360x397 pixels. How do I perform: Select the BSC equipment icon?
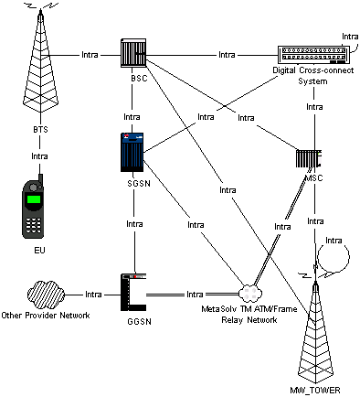(134, 55)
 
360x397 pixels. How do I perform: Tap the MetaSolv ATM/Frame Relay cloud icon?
(249, 293)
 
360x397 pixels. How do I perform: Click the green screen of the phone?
(35, 199)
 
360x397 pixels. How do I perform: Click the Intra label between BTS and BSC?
(90, 54)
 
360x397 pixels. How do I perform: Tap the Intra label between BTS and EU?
(39, 156)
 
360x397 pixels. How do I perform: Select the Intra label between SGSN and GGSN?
(133, 222)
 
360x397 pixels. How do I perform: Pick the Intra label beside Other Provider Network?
(92, 295)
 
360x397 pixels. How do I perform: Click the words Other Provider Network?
(46, 316)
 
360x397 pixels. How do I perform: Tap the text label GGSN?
(134, 323)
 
